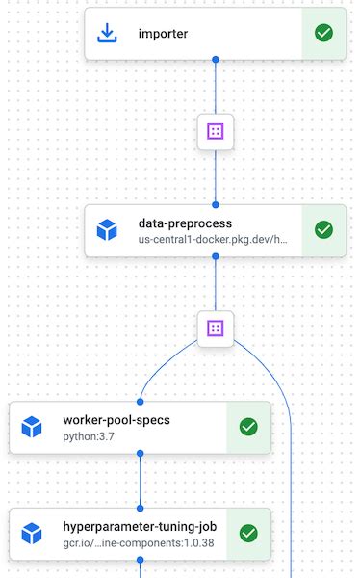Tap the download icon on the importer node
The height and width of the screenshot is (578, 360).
tap(107, 35)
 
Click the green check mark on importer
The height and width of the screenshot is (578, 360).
tap(324, 34)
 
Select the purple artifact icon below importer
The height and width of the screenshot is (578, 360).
tap(216, 130)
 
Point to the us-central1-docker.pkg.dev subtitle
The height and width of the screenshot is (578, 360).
tap(213, 239)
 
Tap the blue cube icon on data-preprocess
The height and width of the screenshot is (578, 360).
tap(107, 230)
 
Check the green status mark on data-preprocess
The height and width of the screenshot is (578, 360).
tap(324, 230)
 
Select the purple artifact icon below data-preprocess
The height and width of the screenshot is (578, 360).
tap(216, 328)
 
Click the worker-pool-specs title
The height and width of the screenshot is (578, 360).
tap(116, 420)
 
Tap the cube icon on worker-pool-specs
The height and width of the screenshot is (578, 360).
tap(32, 428)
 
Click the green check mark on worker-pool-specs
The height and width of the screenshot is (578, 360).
tap(248, 427)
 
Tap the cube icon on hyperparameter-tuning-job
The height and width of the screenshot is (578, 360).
tap(32, 534)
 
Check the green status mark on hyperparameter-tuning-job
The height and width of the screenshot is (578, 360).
tap(248, 533)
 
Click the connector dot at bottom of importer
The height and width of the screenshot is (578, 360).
tap(216, 60)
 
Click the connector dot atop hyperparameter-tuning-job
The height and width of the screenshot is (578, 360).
tap(141, 508)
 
